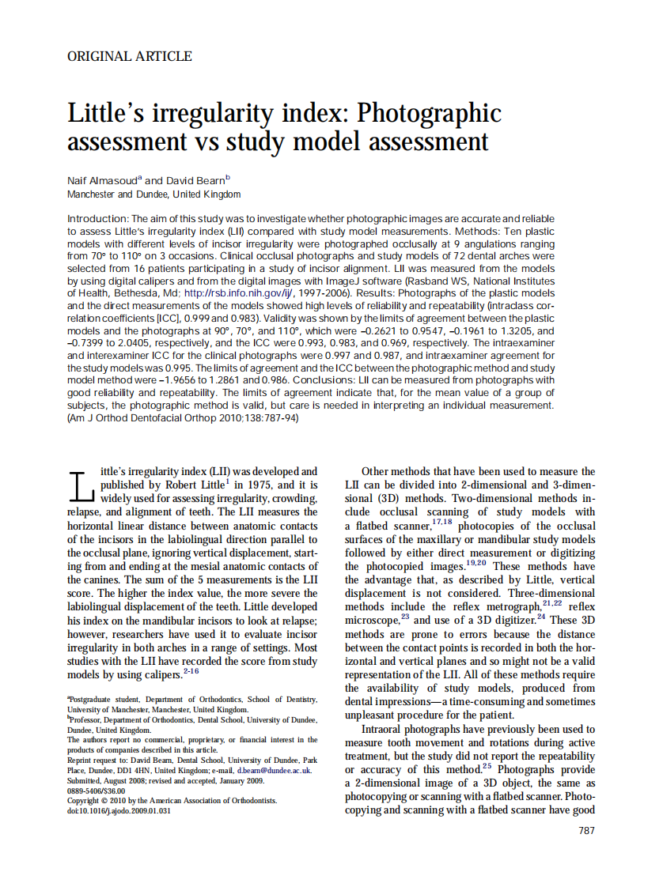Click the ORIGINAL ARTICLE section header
click(130, 57)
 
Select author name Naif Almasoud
click(102, 181)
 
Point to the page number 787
click(586, 831)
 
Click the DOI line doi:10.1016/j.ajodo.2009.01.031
click(119, 810)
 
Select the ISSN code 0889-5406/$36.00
click(97, 790)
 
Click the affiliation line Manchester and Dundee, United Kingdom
click(153, 194)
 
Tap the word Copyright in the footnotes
click(85, 800)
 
